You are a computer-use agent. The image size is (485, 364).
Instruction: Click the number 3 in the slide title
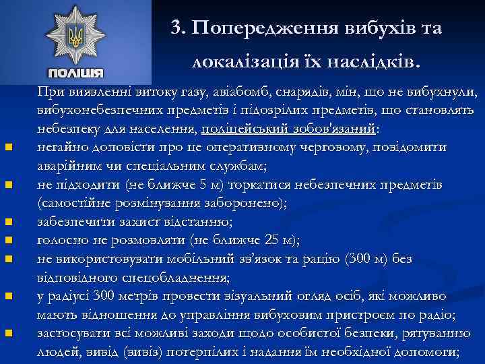pyautogui.click(x=176, y=28)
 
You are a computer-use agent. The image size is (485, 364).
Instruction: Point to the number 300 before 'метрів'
pyautogui.click(x=104, y=295)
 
